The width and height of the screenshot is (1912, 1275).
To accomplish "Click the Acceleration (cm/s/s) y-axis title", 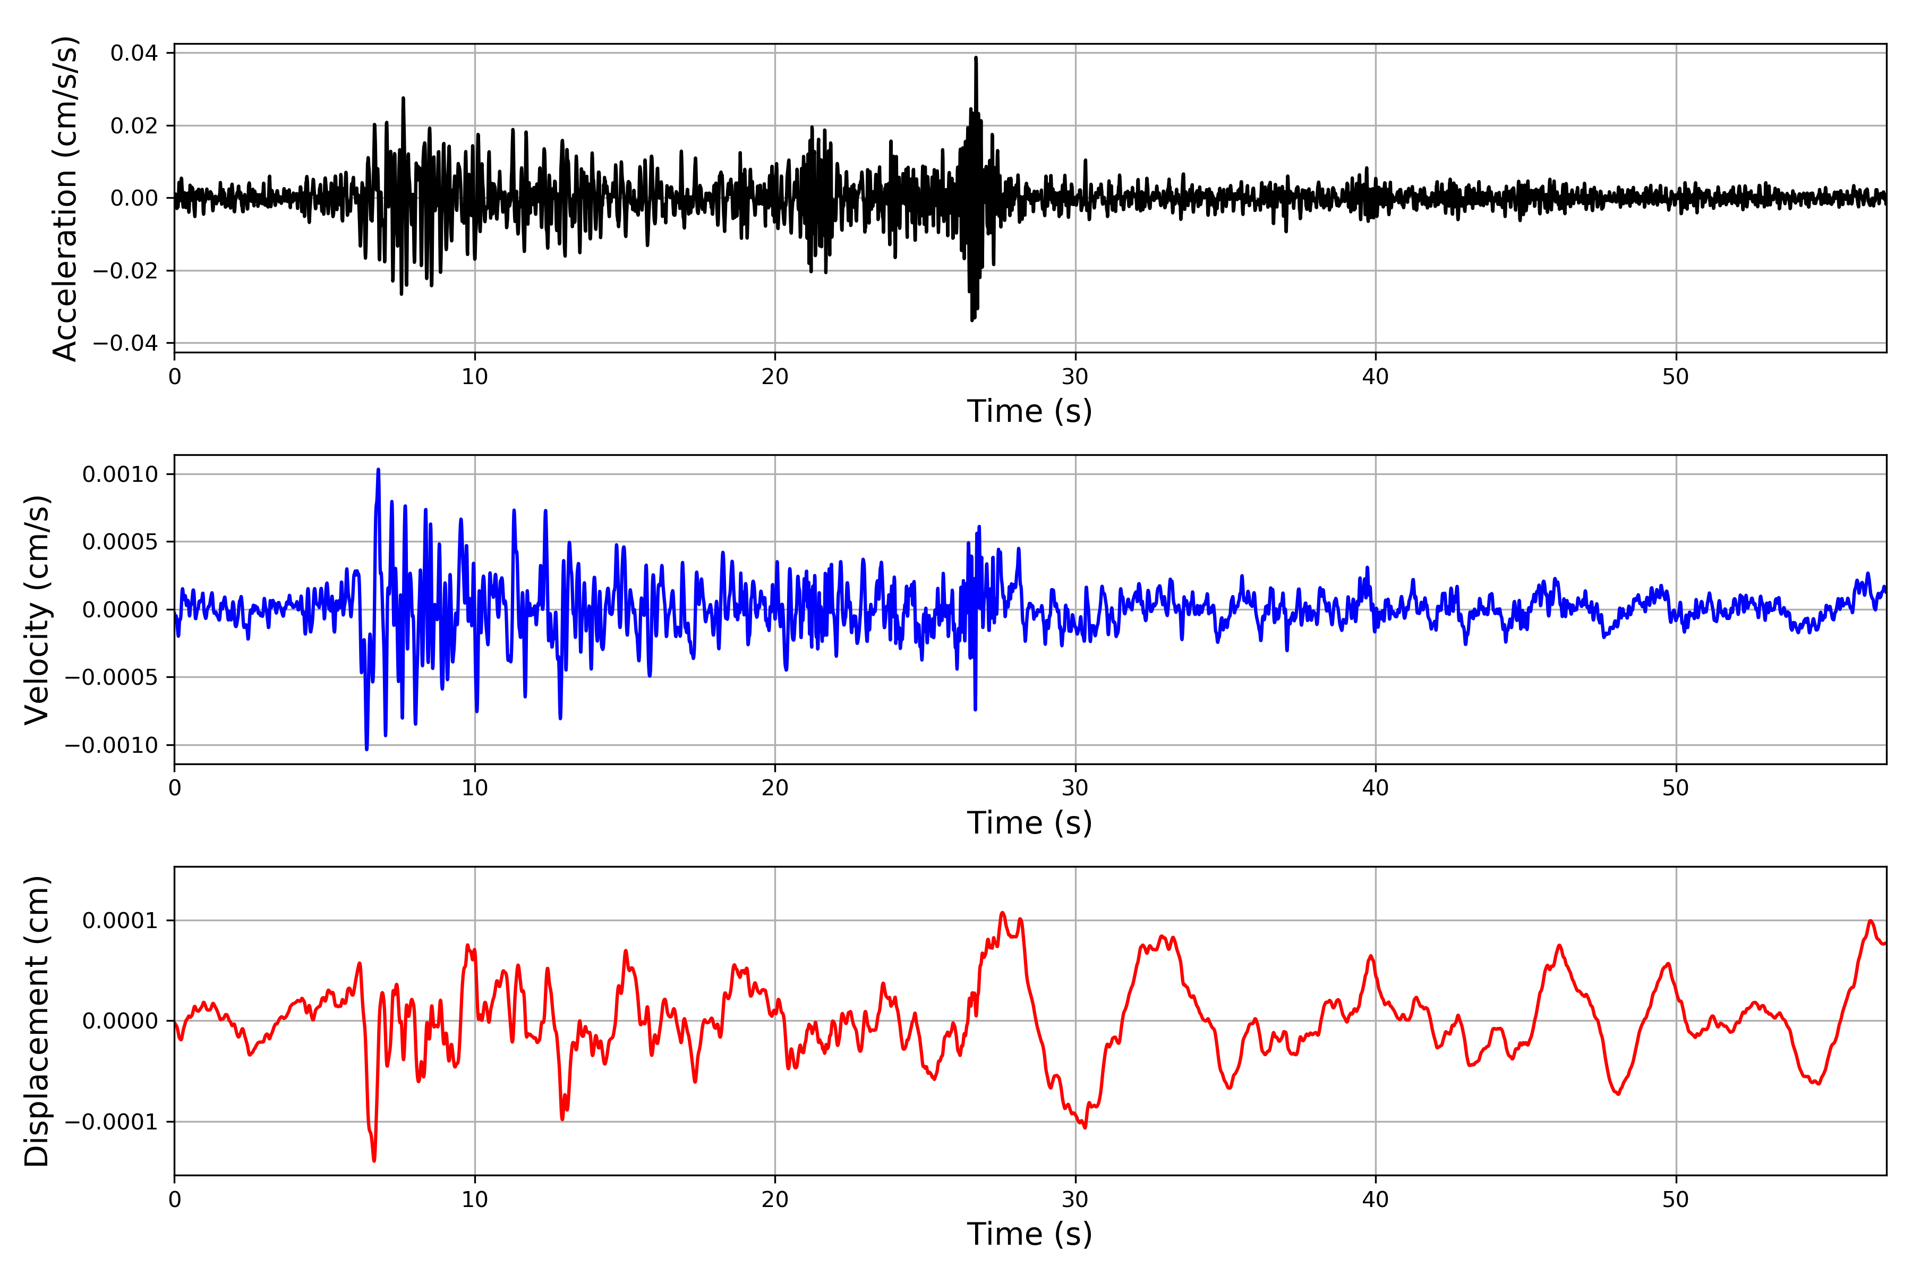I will tap(65, 198).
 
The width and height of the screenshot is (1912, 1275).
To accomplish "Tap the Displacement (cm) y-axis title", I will tap(37, 1021).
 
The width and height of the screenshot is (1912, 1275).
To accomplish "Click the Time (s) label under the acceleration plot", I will tap(1029, 411).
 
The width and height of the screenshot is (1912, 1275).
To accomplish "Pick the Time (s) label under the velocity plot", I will tap(1029, 823).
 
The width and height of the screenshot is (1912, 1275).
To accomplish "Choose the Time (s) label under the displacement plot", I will tap(1029, 1234).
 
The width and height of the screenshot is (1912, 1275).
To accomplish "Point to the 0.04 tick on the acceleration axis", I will tap(134, 54).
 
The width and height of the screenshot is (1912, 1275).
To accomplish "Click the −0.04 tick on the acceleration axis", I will tap(125, 343).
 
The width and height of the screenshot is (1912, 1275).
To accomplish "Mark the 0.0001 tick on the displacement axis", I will tap(121, 921).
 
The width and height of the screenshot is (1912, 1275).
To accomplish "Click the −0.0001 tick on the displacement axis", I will tap(112, 1122).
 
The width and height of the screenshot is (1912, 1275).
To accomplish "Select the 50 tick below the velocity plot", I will tap(1676, 788).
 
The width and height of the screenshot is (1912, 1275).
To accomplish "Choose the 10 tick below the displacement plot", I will tap(475, 1200).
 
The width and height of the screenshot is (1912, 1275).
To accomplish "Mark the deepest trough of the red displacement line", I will tap(374, 1160).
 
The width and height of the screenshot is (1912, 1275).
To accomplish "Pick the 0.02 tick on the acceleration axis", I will tap(134, 126).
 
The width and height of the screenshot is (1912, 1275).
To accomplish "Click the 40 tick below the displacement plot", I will tap(1376, 1200).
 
